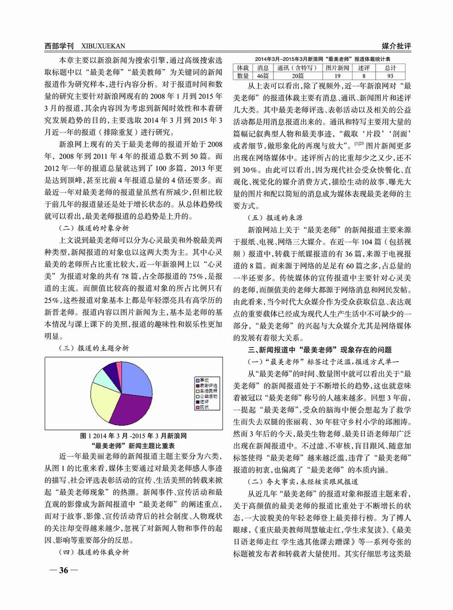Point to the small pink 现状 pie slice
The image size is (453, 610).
pos(120,368)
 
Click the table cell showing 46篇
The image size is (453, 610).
pos(263,77)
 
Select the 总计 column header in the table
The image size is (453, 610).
pos(390,68)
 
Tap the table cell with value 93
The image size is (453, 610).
pos(390,77)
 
